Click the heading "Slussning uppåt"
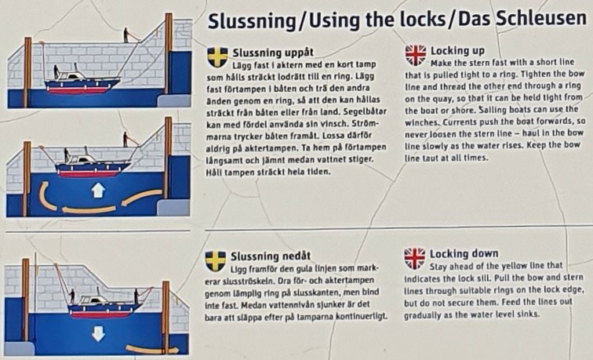[273, 53]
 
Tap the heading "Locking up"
[457, 51]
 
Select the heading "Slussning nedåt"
[271, 256]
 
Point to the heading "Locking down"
[464, 254]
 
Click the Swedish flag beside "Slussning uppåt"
[217, 56]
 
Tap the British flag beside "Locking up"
[415, 55]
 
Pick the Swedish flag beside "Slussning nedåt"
[216, 261]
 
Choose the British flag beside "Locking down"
[414, 259]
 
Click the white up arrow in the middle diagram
[98, 191]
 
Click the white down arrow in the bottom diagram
[98, 334]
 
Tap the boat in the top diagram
[82, 82]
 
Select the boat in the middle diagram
[92, 165]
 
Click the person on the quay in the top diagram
[126, 35]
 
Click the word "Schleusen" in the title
[540, 18]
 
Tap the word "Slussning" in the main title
[252, 21]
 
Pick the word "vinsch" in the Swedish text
[341, 123]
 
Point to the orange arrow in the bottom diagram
[152, 350]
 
